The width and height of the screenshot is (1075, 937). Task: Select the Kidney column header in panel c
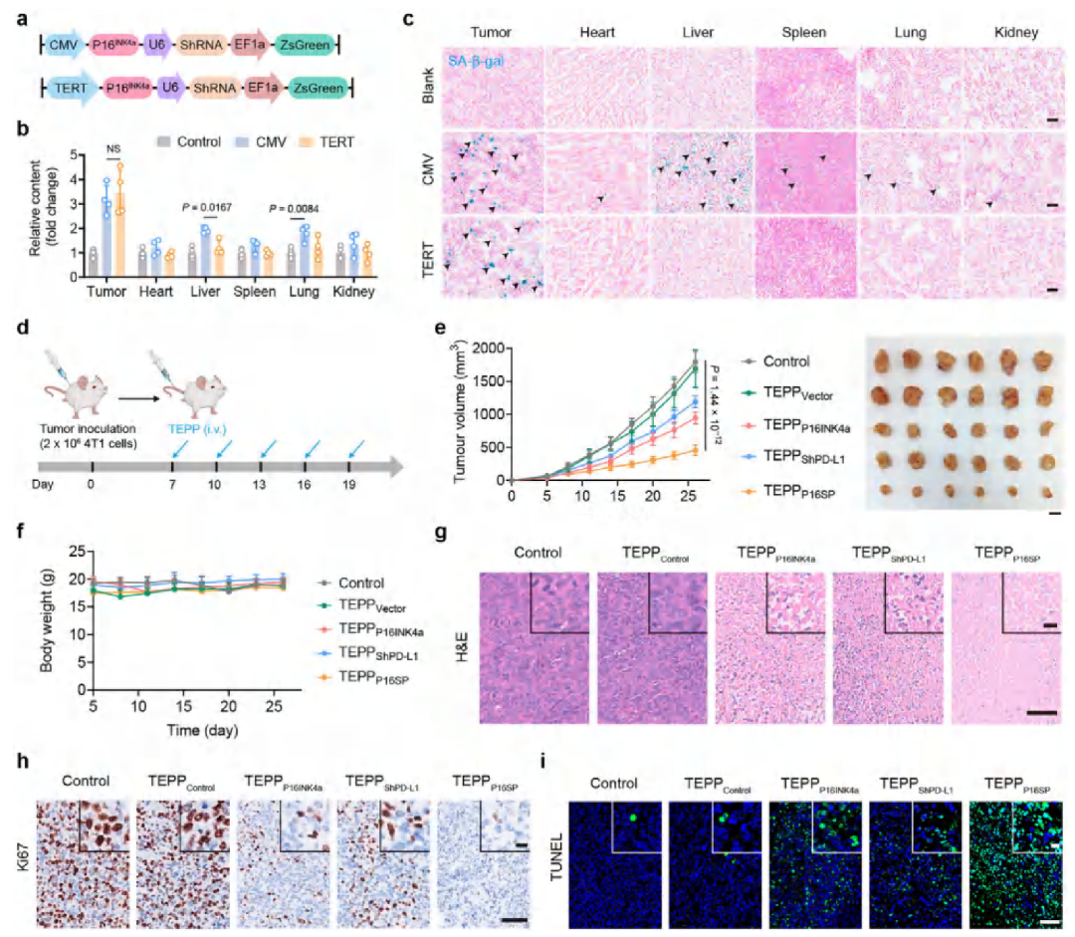pos(1015,33)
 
